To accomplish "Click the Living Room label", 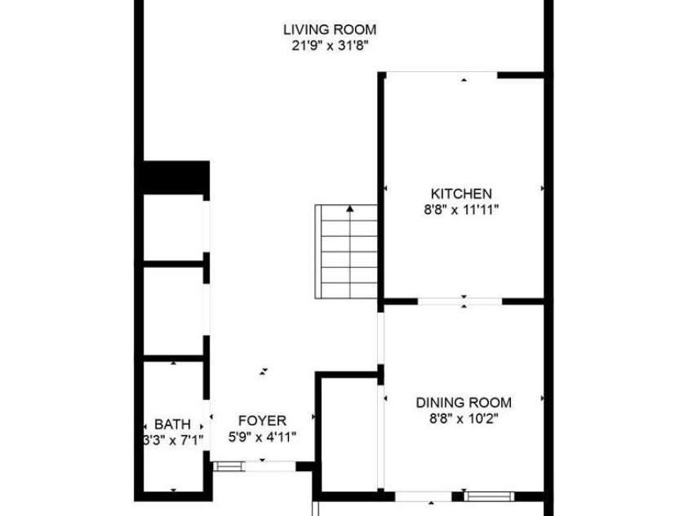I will click(x=329, y=30).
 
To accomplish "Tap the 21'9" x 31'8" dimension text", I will click(x=329, y=46).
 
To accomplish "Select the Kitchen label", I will click(x=461, y=193).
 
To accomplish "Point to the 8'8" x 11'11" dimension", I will click(x=461, y=209).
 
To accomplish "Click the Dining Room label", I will click(x=464, y=403).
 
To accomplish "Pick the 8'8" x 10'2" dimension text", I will click(x=464, y=418).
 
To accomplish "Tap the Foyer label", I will click(x=261, y=420).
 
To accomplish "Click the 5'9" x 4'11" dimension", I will click(x=261, y=436).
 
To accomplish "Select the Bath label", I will click(x=172, y=425).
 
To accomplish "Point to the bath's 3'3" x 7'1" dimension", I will click(x=172, y=440).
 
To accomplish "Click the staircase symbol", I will click(x=346, y=253).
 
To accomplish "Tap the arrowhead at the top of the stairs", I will click(x=350, y=209).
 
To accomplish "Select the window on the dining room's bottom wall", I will click(x=488, y=495).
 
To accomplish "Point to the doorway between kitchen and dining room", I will click(x=460, y=301).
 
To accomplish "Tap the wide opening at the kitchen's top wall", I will click(x=441, y=75).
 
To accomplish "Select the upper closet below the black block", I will click(x=173, y=229).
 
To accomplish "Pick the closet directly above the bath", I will click(x=173, y=310).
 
